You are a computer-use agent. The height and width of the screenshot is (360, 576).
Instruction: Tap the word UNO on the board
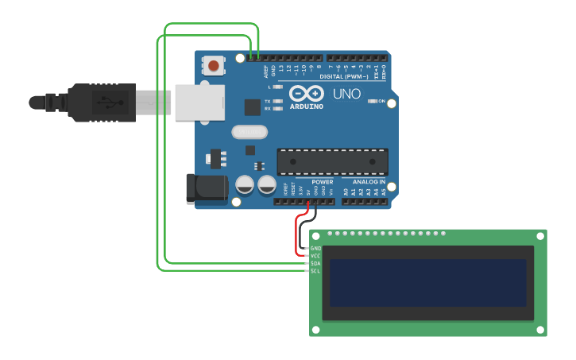click(x=346, y=94)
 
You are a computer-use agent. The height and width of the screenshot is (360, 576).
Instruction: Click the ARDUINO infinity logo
click(x=306, y=94)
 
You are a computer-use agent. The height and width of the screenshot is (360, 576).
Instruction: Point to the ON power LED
click(x=372, y=102)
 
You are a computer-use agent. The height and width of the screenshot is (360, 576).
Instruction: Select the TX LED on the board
click(x=277, y=102)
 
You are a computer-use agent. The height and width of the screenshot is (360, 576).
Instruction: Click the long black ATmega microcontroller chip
click(x=332, y=161)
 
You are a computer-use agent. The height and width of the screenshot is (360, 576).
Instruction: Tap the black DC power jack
click(x=205, y=188)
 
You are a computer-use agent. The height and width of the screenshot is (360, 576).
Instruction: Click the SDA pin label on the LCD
click(x=315, y=263)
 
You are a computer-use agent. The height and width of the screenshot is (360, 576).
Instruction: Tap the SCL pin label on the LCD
click(x=315, y=271)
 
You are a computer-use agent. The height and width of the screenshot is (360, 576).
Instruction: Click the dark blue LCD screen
click(x=427, y=282)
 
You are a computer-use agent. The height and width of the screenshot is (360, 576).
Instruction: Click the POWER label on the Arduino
click(x=323, y=182)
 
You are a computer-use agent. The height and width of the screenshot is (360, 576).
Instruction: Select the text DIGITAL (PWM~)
click(x=344, y=77)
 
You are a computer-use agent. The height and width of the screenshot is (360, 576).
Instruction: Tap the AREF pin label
click(x=266, y=71)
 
